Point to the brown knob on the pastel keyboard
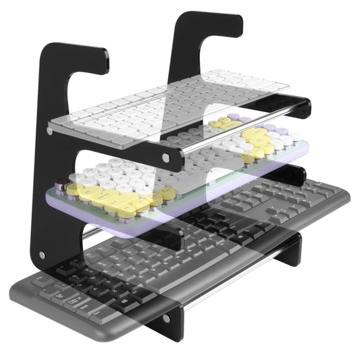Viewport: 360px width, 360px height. pos(61,183)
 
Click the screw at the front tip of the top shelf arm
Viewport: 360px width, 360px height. pos(166,159)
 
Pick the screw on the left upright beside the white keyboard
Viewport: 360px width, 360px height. pos(50,129)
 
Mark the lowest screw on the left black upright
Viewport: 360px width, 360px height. pos(42,255)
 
